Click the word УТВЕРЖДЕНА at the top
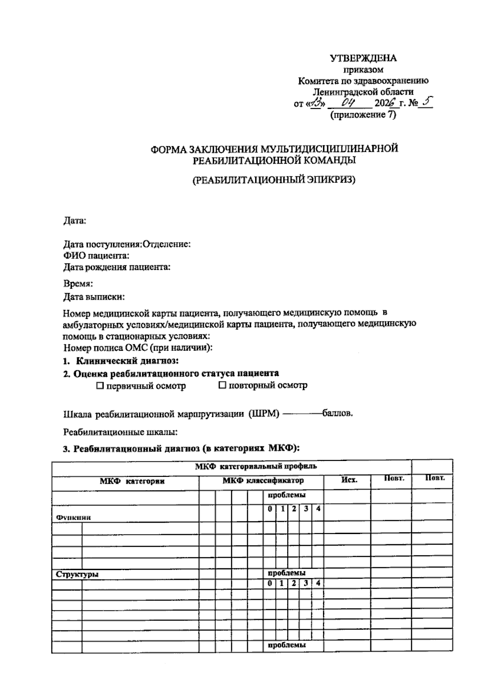(x=363, y=58)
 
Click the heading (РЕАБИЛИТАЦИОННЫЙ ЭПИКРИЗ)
(x=274, y=180)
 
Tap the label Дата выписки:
(x=94, y=297)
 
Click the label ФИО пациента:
(x=96, y=256)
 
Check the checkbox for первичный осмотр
(x=100, y=385)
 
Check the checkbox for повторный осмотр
(x=223, y=385)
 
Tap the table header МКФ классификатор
(x=263, y=481)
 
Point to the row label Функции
(x=73, y=517)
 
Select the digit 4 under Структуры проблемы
(x=318, y=583)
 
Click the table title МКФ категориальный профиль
(x=256, y=466)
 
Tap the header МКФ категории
(x=132, y=481)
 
